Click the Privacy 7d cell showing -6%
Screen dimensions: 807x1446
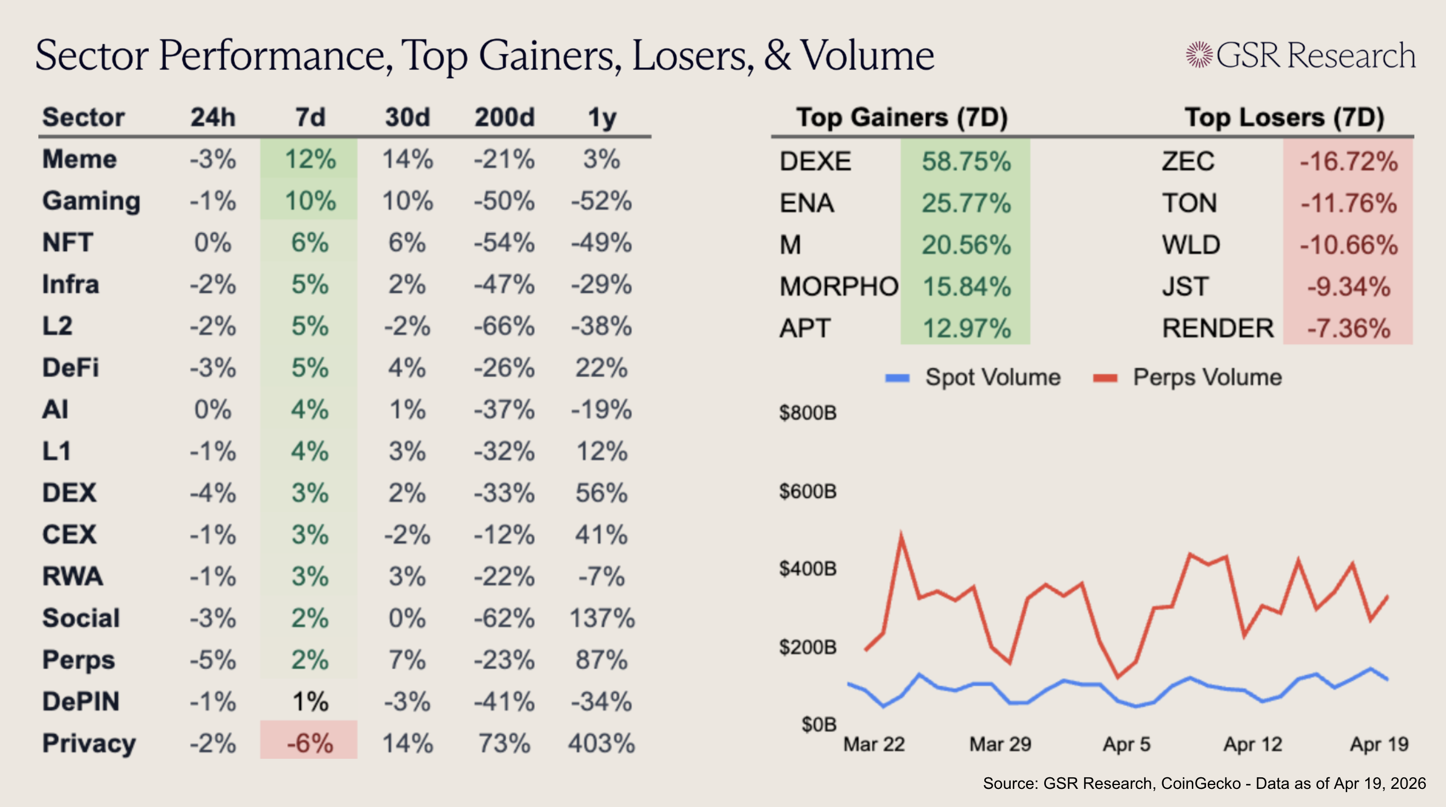click(309, 743)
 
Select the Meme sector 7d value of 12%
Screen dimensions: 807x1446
click(309, 159)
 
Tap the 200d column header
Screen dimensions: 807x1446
click(504, 117)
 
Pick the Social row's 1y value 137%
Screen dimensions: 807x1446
click(601, 618)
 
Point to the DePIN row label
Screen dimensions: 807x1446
click(81, 702)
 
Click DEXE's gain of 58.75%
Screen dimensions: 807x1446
click(966, 161)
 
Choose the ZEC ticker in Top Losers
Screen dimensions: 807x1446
click(1188, 161)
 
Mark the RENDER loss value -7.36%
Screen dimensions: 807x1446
click(1348, 328)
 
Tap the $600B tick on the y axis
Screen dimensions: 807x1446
click(807, 491)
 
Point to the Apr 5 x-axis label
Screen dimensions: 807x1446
click(1126, 744)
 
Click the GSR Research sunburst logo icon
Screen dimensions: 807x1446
click(1199, 55)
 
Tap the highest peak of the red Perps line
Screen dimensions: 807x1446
click(901, 536)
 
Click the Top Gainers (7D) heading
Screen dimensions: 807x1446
click(901, 117)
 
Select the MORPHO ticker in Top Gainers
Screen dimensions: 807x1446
click(839, 287)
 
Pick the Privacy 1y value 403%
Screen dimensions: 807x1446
click(601, 743)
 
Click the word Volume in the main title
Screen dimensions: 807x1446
click(867, 56)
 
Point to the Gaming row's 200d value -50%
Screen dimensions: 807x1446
click(504, 201)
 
